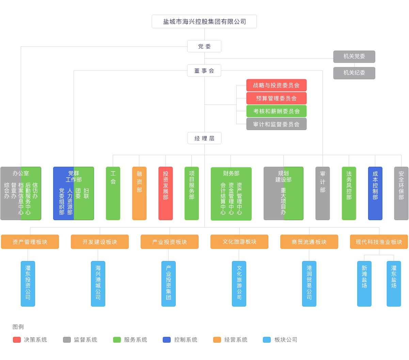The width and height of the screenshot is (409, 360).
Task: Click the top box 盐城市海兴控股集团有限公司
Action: coord(204,21)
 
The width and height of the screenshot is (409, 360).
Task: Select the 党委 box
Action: coord(204,46)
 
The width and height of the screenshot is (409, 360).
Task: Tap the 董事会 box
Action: coord(204,70)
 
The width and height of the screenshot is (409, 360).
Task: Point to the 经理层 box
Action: coord(204,138)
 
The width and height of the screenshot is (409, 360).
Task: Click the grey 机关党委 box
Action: coord(354,56)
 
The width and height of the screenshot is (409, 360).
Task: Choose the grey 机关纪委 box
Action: coord(354,73)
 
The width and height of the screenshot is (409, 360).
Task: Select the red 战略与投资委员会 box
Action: coord(276,85)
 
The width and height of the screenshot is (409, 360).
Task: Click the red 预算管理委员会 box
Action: coord(276,98)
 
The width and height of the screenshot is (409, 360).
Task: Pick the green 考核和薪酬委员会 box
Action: coord(276,111)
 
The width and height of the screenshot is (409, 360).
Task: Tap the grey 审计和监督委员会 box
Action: coord(276,124)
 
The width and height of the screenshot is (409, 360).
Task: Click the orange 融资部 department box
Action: coord(139,193)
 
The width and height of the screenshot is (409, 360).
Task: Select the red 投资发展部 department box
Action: coord(166,193)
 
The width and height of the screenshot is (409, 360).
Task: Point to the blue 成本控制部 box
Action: coord(375,193)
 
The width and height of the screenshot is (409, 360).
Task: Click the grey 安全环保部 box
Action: coord(401,193)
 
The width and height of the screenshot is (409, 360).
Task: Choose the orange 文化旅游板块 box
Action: coord(239,242)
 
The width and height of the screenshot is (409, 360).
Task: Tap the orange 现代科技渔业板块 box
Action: coord(379,242)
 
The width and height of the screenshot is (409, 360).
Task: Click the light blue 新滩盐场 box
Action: coord(364,283)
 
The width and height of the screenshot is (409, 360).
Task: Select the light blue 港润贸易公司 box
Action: coord(309,283)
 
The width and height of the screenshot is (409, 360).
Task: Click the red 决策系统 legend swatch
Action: coord(17,340)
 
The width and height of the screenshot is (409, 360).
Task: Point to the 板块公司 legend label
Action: coord(286,340)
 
